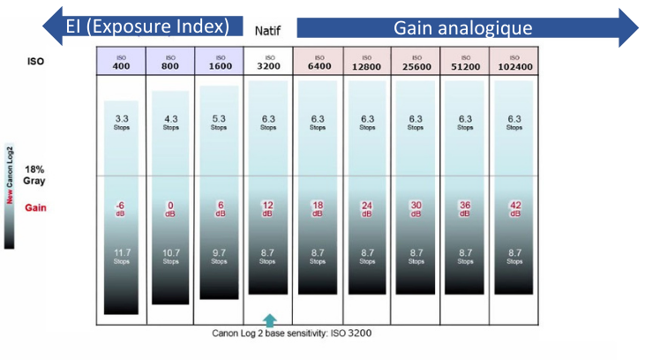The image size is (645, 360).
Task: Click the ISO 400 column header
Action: click(121, 61)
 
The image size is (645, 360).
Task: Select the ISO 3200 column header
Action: click(268, 61)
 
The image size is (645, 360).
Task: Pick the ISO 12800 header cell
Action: click(367, 61)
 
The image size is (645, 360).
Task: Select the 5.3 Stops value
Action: click(220, 122)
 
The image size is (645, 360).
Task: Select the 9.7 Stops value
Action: click(220, 257)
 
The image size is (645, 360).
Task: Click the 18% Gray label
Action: click(34, 174)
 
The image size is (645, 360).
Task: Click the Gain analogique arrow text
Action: click(462, 27)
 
